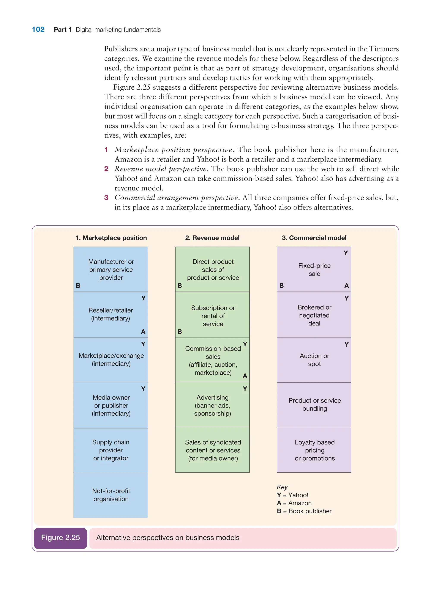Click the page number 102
click(x=38, y=29)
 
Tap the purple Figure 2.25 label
click(x=60, y=537)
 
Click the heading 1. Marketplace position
click(x=111, y=238)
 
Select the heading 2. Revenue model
click(x=212, y=238)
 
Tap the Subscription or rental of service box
click(x=213, y=316)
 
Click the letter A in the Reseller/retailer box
click(x=143, y=332)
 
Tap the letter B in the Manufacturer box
click(x=78, y=286)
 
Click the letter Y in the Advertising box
click(x=245, y=389)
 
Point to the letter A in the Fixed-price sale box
click(x=346, y=286)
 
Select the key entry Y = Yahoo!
click(x=292, y=495)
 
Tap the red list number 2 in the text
click(x=106, y=169)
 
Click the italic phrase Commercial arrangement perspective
click(x=176, y=198)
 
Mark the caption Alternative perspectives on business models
click(x=168, y=538)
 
